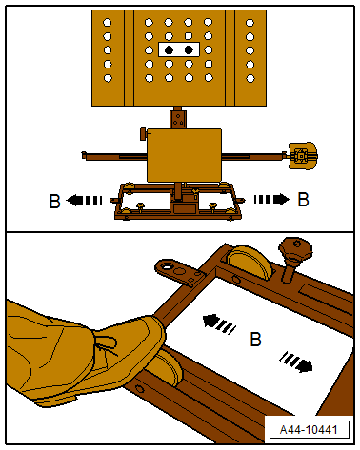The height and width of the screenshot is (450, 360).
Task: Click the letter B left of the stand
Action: pyautogui.click(x=54, y=200)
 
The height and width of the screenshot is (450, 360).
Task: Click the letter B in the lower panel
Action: pyautogui.click(x=254, y=339)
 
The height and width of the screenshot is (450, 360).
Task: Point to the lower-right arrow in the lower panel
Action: pyautogui.click(x=295, y=362)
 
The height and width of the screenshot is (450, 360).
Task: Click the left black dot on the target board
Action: pyautogui.click(x=169, y=49)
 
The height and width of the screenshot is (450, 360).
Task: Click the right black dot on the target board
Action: pyautogui.click(x=189, y=49)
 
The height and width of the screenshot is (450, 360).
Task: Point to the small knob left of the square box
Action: pyautogui.click(x=143, y=134)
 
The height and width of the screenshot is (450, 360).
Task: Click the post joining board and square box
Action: pyautogui.click(x=176, y=119)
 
